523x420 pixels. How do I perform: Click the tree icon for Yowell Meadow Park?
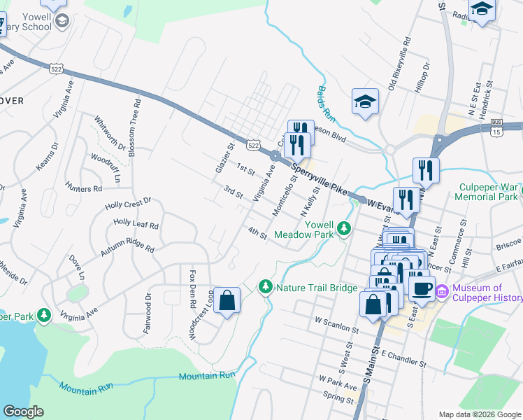(x=343, y=228)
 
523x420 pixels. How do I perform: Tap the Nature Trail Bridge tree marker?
(x=265, y=287)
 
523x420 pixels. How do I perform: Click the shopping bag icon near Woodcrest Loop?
(x=227, y=302)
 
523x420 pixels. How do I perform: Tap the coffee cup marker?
(x=422, y=288)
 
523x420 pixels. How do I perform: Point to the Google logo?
(x=23, y=412)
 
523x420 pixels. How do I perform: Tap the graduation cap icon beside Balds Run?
(x=365, y=103)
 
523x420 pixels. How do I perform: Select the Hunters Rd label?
(x=83, y=188)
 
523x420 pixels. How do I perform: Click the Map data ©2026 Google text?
(x=479, y=414)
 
